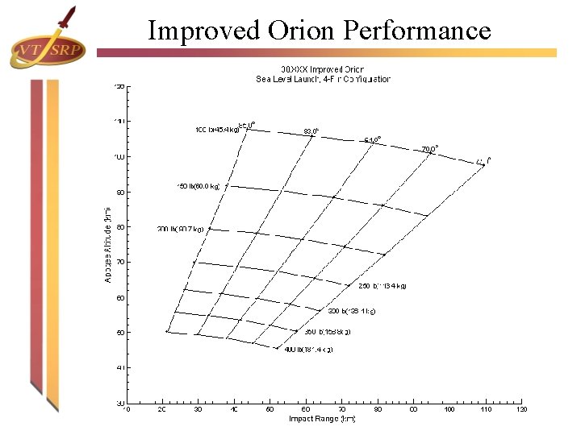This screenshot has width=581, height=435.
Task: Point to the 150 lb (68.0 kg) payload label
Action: click(199, 186)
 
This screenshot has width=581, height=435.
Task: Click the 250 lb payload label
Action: click(382, 285)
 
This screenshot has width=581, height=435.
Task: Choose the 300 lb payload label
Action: click(351, 310)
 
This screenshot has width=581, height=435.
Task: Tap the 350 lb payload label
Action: click(327, 331)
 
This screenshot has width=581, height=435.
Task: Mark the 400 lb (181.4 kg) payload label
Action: click(308, 350)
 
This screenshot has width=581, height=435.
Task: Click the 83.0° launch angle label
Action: click(311, 130)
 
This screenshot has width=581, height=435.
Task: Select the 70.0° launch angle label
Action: click(430, 149)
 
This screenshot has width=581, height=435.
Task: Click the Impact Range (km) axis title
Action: click(322, 419)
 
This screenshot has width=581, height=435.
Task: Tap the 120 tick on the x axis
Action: click(521, 409)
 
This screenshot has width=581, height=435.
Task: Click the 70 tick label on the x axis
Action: click(341, 409)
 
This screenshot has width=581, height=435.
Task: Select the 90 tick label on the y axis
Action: click(120, 192)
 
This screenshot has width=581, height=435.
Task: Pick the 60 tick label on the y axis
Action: click(120, 297)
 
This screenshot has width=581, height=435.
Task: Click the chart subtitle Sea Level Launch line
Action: click(323, 79)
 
